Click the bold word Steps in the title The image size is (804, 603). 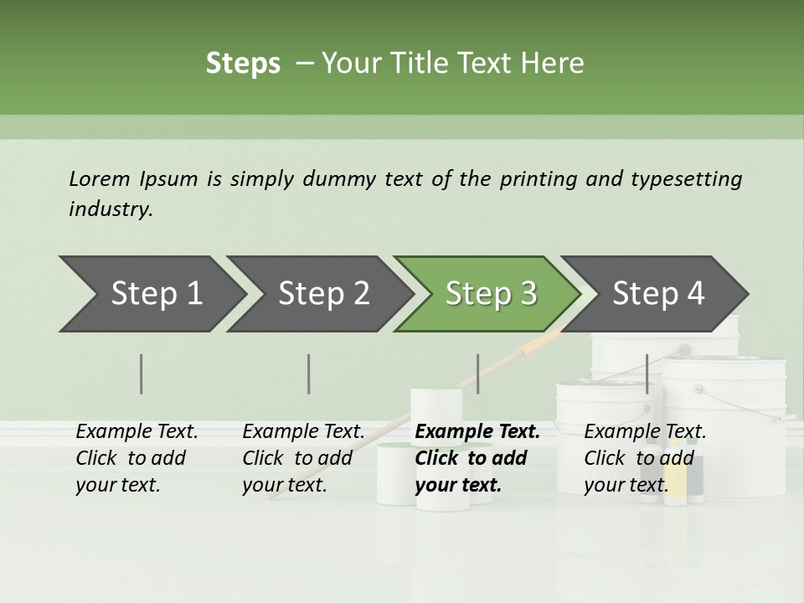(243, 64)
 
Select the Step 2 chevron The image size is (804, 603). (322, 294)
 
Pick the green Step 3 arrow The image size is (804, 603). (490, 294)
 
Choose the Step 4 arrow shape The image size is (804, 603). (657, 294)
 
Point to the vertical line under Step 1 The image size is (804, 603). (142, 374)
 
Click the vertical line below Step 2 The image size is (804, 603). (309, 374)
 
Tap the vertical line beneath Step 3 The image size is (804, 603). (477, 374)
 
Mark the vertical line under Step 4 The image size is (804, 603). (647, 374)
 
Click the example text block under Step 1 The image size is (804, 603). (136, 458)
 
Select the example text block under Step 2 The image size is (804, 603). (302, 458)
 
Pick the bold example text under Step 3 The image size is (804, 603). (477, 458)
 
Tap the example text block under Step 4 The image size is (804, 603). (644, 458)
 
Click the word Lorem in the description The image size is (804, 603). (99, 179)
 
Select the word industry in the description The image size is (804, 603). (110, 209)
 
